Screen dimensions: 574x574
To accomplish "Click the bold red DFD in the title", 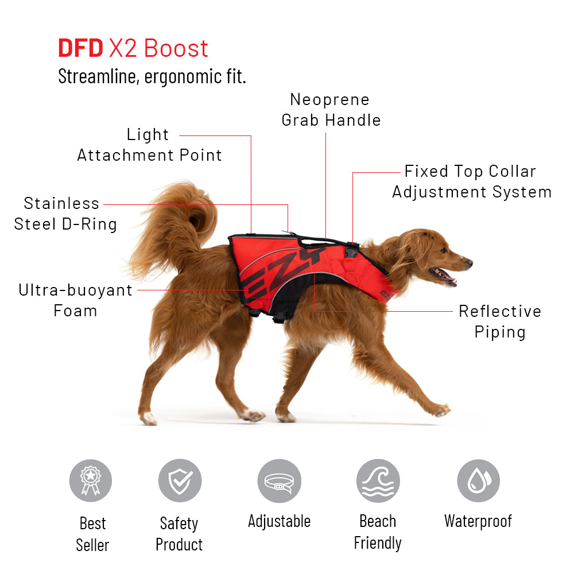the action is click(80, 48).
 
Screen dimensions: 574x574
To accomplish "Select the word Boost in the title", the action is click(176, 48).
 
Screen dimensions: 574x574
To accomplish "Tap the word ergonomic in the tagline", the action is click(183, 76).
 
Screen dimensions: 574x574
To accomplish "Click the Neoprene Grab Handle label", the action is click(331, 110).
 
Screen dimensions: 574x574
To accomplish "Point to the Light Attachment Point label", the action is click(149, 145).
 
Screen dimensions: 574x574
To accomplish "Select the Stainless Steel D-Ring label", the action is click(65, 214).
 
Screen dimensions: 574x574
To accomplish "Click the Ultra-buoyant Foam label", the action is click(75, 300).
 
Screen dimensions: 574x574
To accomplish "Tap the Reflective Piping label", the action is click(500, 321).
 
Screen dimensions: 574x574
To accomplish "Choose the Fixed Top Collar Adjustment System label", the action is click(471, 181).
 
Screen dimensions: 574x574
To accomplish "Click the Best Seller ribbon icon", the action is click(91, 480).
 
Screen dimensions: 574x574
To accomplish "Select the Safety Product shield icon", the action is click(180, 480).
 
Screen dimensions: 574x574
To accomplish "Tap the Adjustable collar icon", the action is click(280, 481).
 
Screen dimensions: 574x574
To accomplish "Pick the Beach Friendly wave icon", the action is click(378, 480).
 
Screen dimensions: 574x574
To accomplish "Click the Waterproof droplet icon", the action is click(479, 480).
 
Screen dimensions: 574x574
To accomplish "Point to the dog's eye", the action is click(443, 250).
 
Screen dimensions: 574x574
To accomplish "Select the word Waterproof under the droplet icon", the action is click(478, 521).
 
